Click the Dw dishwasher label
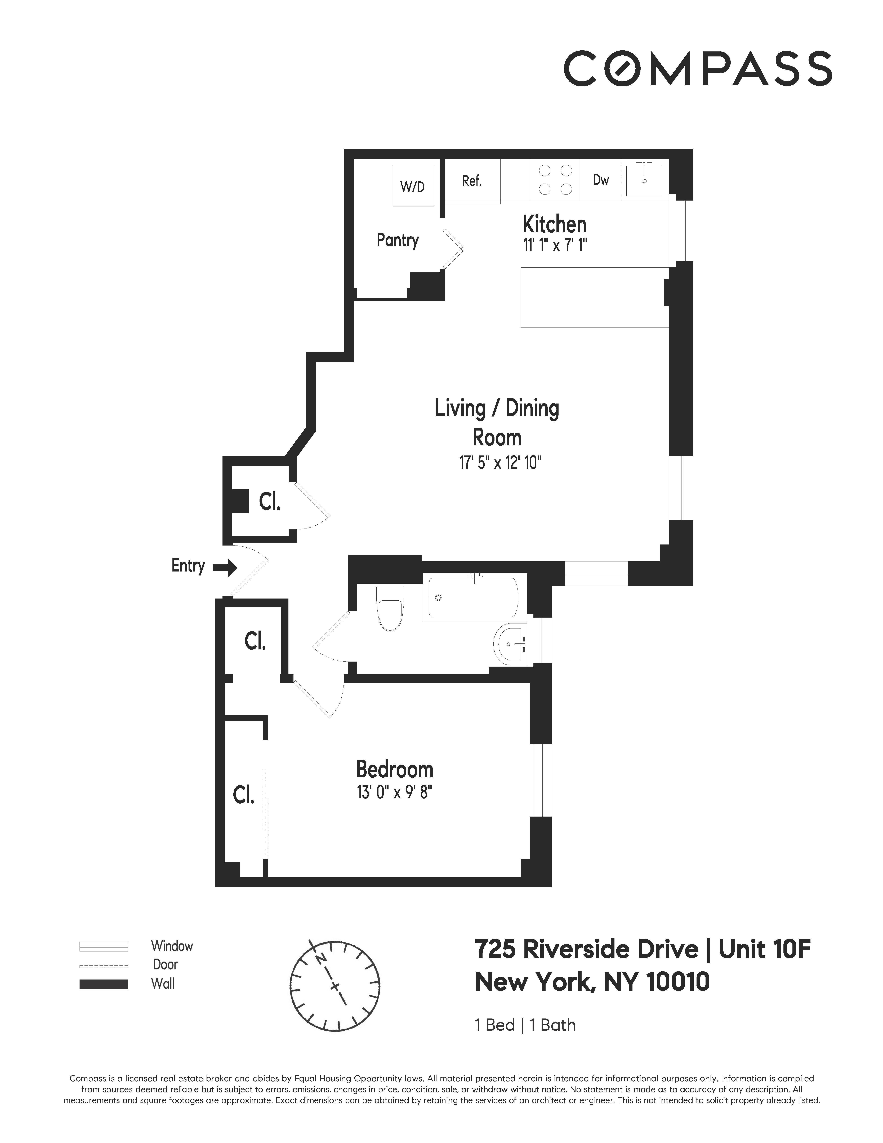pos(600,180)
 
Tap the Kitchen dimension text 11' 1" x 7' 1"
pos(555,245)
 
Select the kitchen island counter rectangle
pos(594,297)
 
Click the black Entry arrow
pos(225,567)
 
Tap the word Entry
pos(188,566)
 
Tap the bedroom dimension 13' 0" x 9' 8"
pos(394,792)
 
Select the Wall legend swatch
pos(104,984)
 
